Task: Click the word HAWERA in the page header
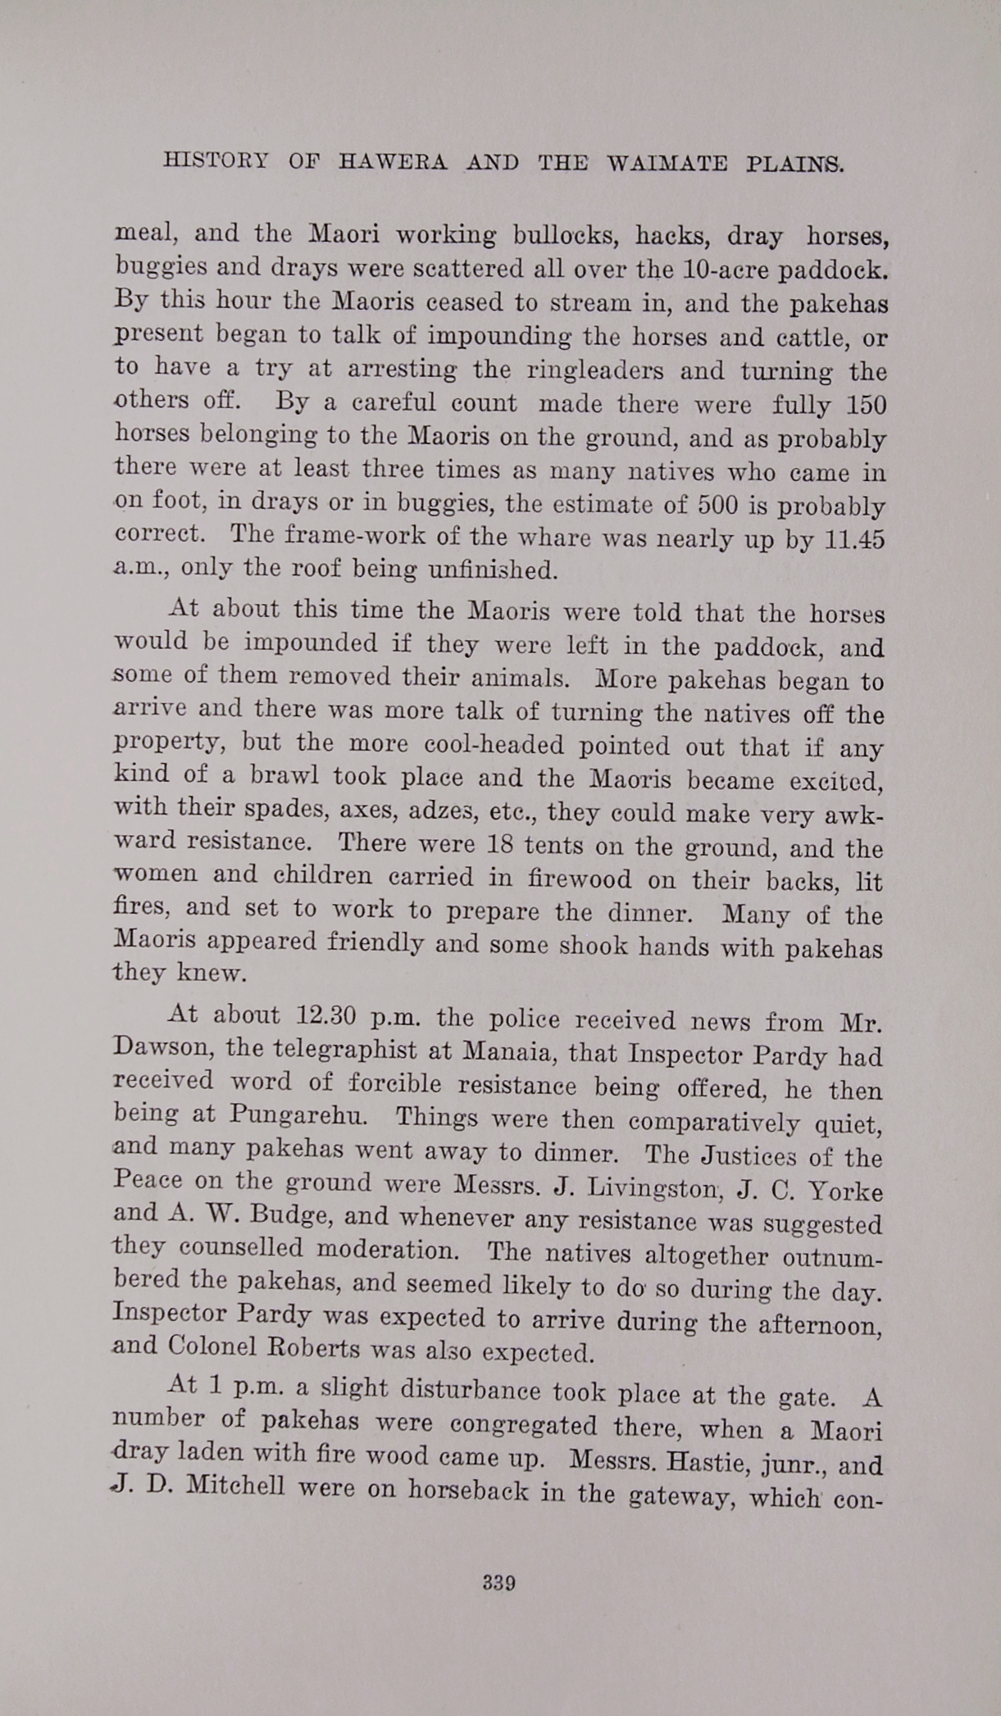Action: tap(394, 161)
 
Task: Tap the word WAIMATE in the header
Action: tap(667, 163)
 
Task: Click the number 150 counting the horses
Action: tap(862, 406)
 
